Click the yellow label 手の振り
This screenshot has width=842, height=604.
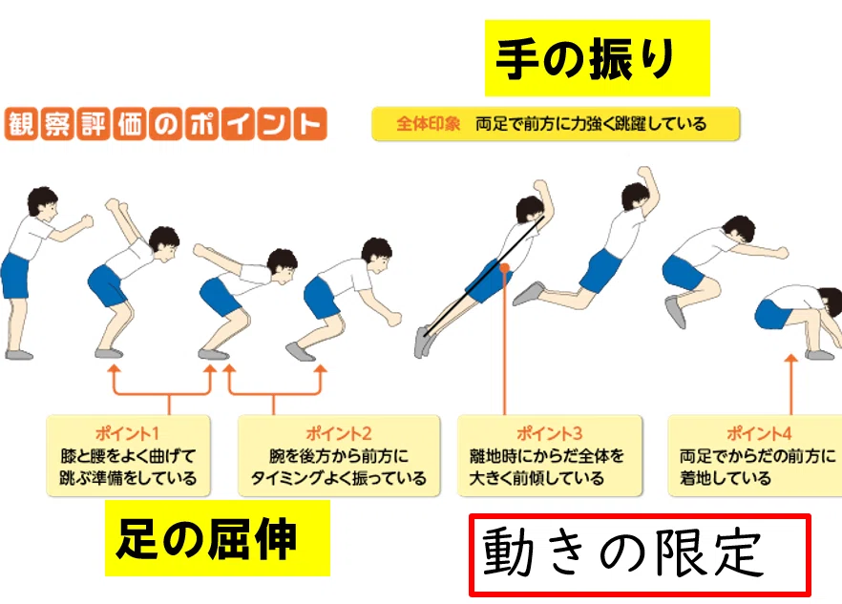click(598, 58)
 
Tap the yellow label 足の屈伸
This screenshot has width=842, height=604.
click(217, 538)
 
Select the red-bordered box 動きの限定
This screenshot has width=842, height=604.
click(640, 555)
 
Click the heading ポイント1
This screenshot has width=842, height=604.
click(127, 433)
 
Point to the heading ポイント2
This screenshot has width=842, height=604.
click(339, 433)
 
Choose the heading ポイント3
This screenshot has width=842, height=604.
click(549, 433)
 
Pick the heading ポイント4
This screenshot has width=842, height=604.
click(759, 433)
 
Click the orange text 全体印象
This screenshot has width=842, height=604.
click(428, 124)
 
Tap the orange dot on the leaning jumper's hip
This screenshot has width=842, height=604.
click(504, 267)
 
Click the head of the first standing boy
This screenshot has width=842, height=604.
click(42, 203)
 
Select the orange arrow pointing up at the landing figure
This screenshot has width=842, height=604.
click(790, 384)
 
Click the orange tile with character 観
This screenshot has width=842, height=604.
click(21, 124)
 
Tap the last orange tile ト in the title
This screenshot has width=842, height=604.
click(310, 124)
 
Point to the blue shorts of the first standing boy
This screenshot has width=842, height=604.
click(15, 276)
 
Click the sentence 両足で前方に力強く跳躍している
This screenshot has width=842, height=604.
click(591, 124)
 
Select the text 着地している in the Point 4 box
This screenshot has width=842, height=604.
click(726, 477)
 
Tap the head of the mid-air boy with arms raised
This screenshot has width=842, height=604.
click(636, 197)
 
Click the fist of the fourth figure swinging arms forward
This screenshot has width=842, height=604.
click(393, 319)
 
